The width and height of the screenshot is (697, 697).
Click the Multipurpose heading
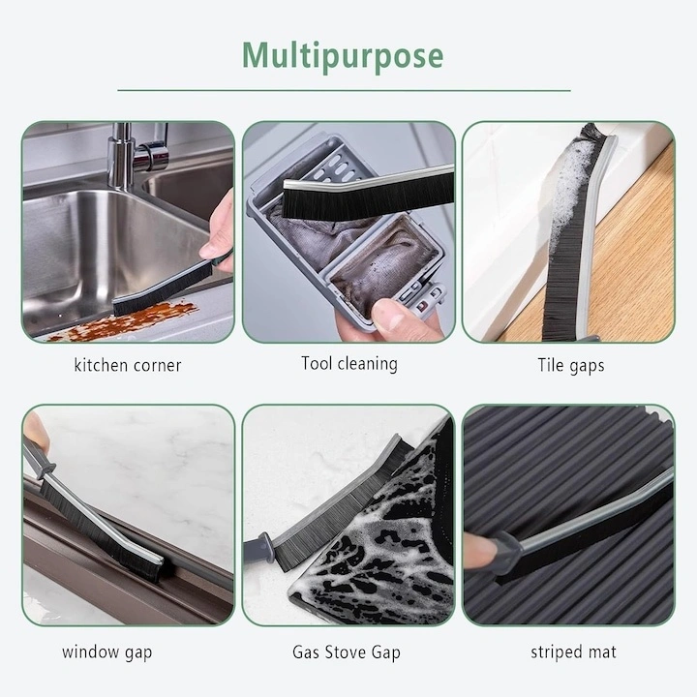343,55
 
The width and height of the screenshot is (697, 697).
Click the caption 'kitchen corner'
128,365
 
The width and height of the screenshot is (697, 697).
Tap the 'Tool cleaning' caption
349,364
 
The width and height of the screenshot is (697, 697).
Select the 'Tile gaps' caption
571,365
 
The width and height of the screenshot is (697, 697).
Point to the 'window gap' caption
107,652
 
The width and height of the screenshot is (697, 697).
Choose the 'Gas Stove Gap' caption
347,652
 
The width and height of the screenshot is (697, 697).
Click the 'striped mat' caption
573,652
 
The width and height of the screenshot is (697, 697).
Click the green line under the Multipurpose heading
344,90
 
